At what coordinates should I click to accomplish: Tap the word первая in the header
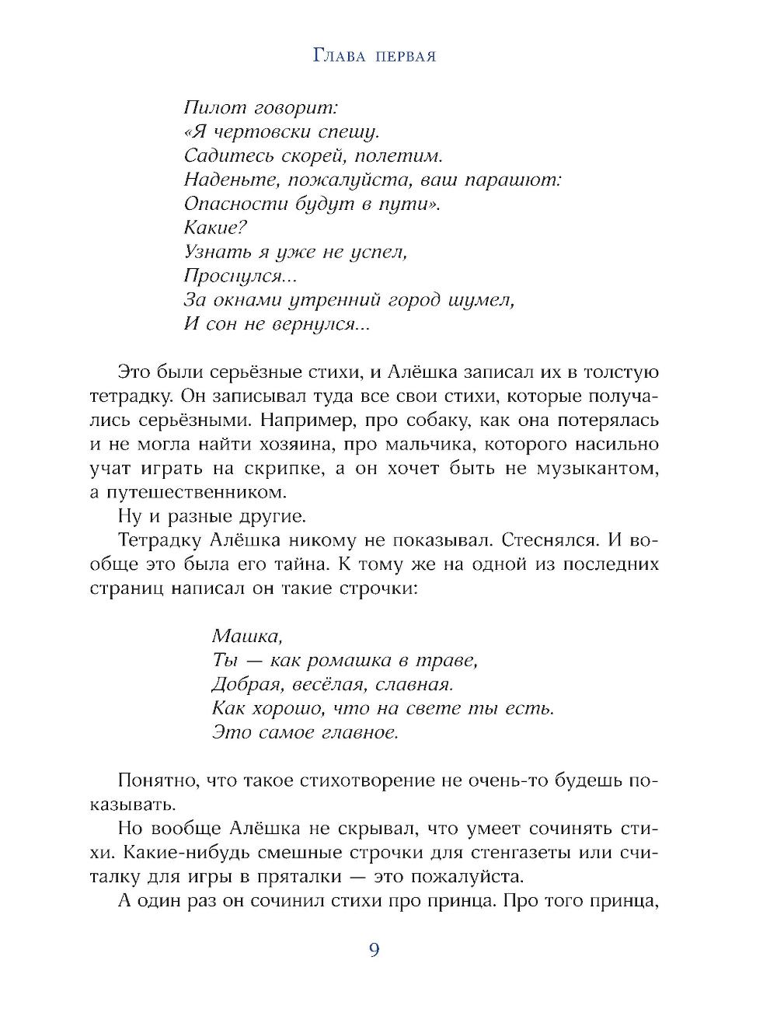click(402, 57)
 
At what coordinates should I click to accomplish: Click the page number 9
click(374, 950)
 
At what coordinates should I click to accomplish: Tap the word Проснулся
click(231, 276)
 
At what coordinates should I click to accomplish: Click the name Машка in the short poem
click(246, 636)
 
